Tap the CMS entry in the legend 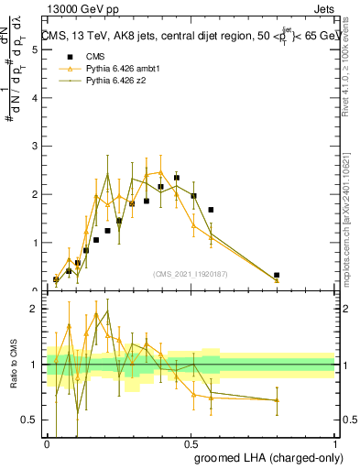(84, 56)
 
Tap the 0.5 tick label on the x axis (191, 443)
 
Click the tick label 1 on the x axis (335, 443)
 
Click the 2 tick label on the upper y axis (34, 194)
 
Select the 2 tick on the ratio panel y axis (34, 309)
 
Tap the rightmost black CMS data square (277, 275)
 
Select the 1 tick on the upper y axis (34, 243)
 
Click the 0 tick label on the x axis (47, 443)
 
